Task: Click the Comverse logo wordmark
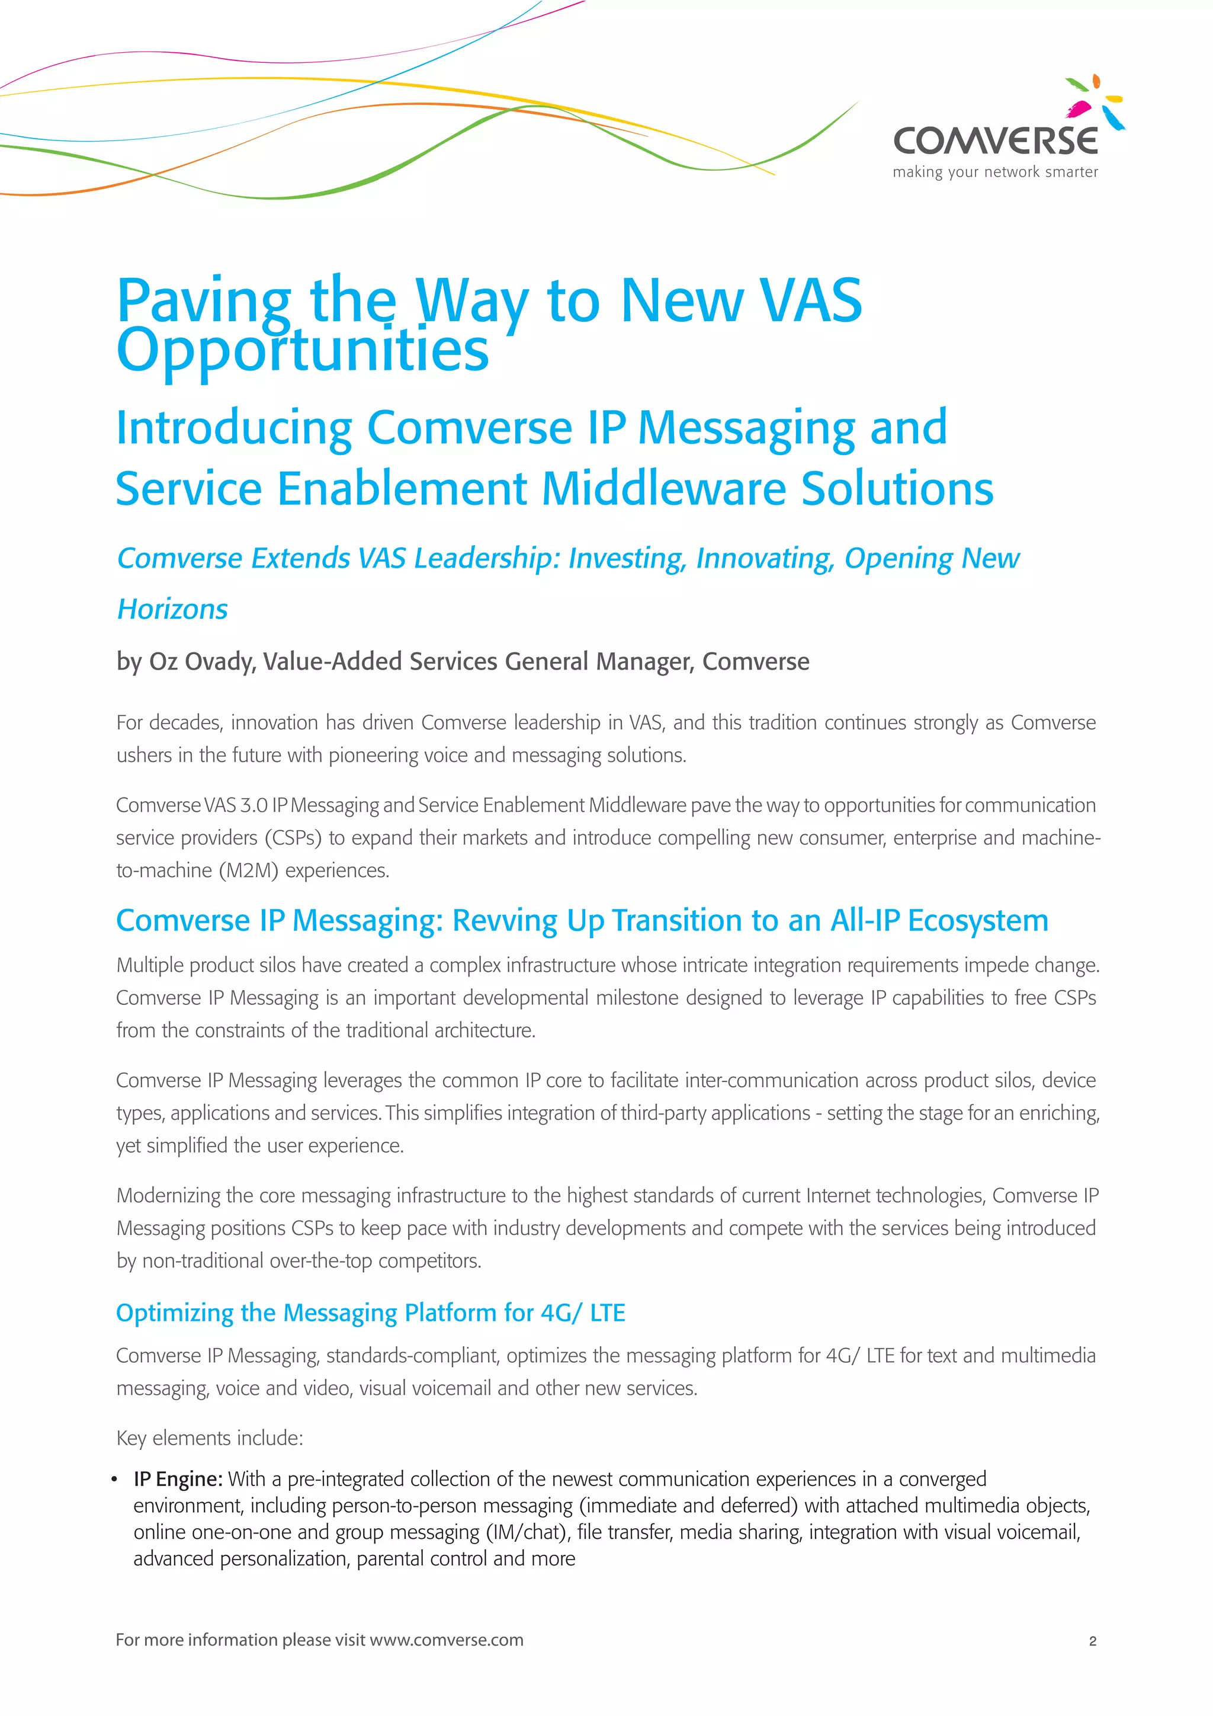(x=995, y=140)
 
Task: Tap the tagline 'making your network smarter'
(x=995, y=172)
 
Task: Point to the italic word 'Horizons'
(x=172, y=609)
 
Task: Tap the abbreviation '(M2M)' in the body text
(x=249, y=870)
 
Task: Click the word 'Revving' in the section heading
(x=505, y=921)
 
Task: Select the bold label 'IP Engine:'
(x=178, y=1479)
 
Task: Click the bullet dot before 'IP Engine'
(x=114, y=1480)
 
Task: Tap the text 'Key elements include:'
(x=209, y=1438)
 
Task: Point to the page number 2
(x=1092, y=1641)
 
